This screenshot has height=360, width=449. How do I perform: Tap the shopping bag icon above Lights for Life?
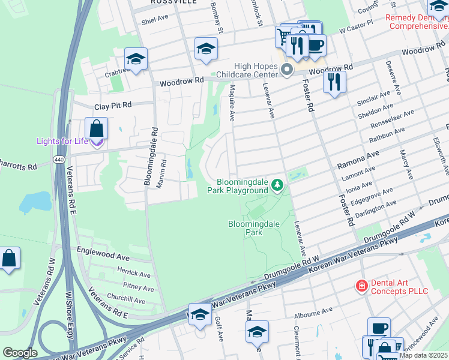pos(96,128)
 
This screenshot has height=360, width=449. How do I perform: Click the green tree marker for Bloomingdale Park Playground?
pos(277,184)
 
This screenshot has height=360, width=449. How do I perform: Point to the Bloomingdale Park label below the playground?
pos(254,228)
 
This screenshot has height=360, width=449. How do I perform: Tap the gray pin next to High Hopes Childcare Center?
pos(287,70)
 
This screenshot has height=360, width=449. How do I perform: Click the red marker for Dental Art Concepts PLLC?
pos(361,286)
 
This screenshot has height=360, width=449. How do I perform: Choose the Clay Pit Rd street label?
pos(112,105)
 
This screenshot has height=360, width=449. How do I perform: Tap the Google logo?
pos(20,352)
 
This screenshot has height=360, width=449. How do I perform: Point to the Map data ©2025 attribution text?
pos(423,355)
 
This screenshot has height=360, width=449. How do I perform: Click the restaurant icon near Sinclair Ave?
pos(334,82)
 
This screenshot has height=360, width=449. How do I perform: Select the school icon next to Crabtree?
pos(136,59)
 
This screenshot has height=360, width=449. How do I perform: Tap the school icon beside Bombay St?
pos(206,49)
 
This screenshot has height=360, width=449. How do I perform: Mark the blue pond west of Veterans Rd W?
pos(35,203)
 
